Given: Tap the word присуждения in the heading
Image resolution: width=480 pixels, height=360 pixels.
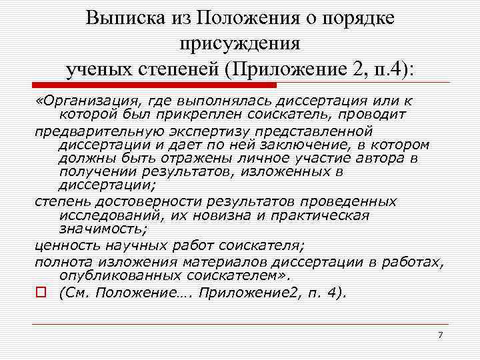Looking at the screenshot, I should [x=240, y=44].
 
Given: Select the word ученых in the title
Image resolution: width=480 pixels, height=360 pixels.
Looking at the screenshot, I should [x=96, y=69].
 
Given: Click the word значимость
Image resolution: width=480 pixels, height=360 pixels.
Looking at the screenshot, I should [x=102, y=229].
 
